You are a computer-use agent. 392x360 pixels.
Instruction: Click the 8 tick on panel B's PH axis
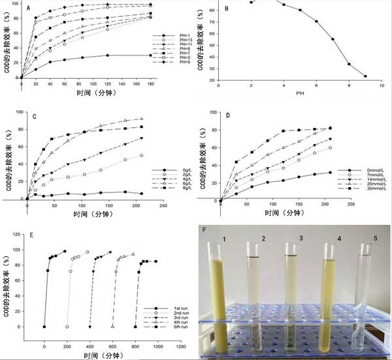coord(349,85)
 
